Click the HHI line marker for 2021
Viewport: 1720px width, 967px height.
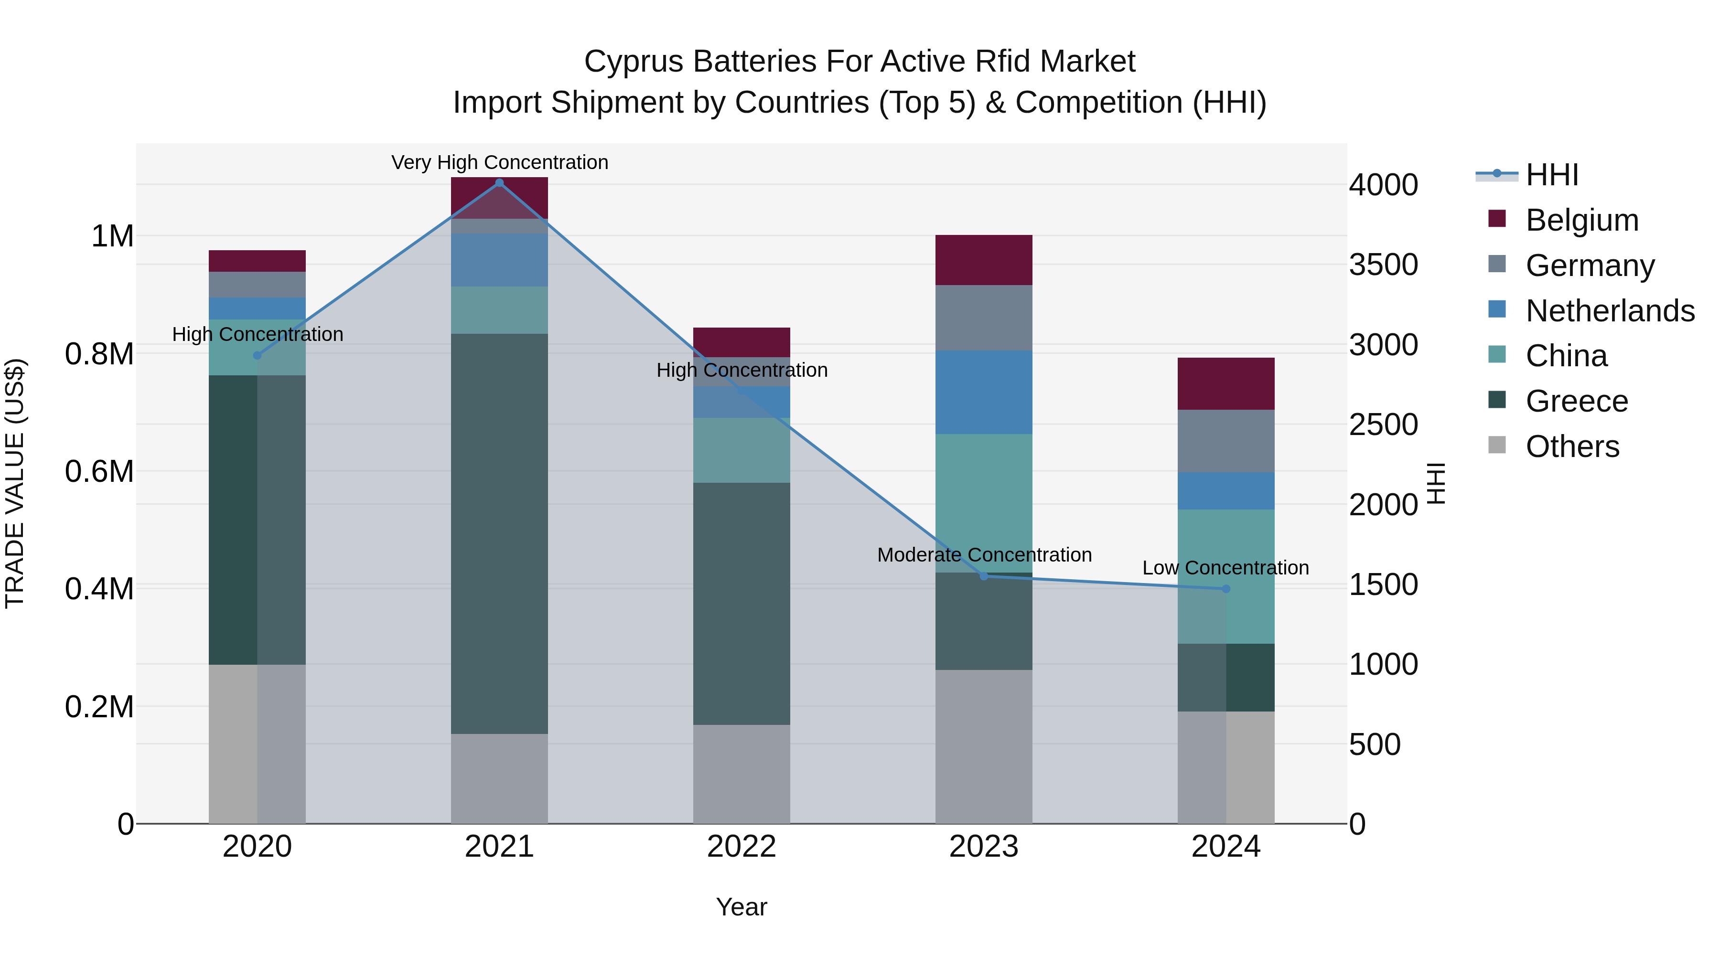tap(499, 183)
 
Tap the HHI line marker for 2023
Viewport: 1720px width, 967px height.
tap(984, 576)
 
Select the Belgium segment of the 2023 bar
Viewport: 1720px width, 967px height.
tap(984, 260)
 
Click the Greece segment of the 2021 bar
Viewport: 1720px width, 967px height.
tap(499, 533)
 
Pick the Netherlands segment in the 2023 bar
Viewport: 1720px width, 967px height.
tap(984, 393)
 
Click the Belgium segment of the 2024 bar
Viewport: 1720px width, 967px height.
tap(1226, 384)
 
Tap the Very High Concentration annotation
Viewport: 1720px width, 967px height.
tap(499, 162)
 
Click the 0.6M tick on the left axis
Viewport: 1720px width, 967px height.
tap(99, 472)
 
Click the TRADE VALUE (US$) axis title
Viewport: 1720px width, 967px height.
tap(15, 483)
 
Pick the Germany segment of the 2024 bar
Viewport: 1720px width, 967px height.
tap(1226, 441)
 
